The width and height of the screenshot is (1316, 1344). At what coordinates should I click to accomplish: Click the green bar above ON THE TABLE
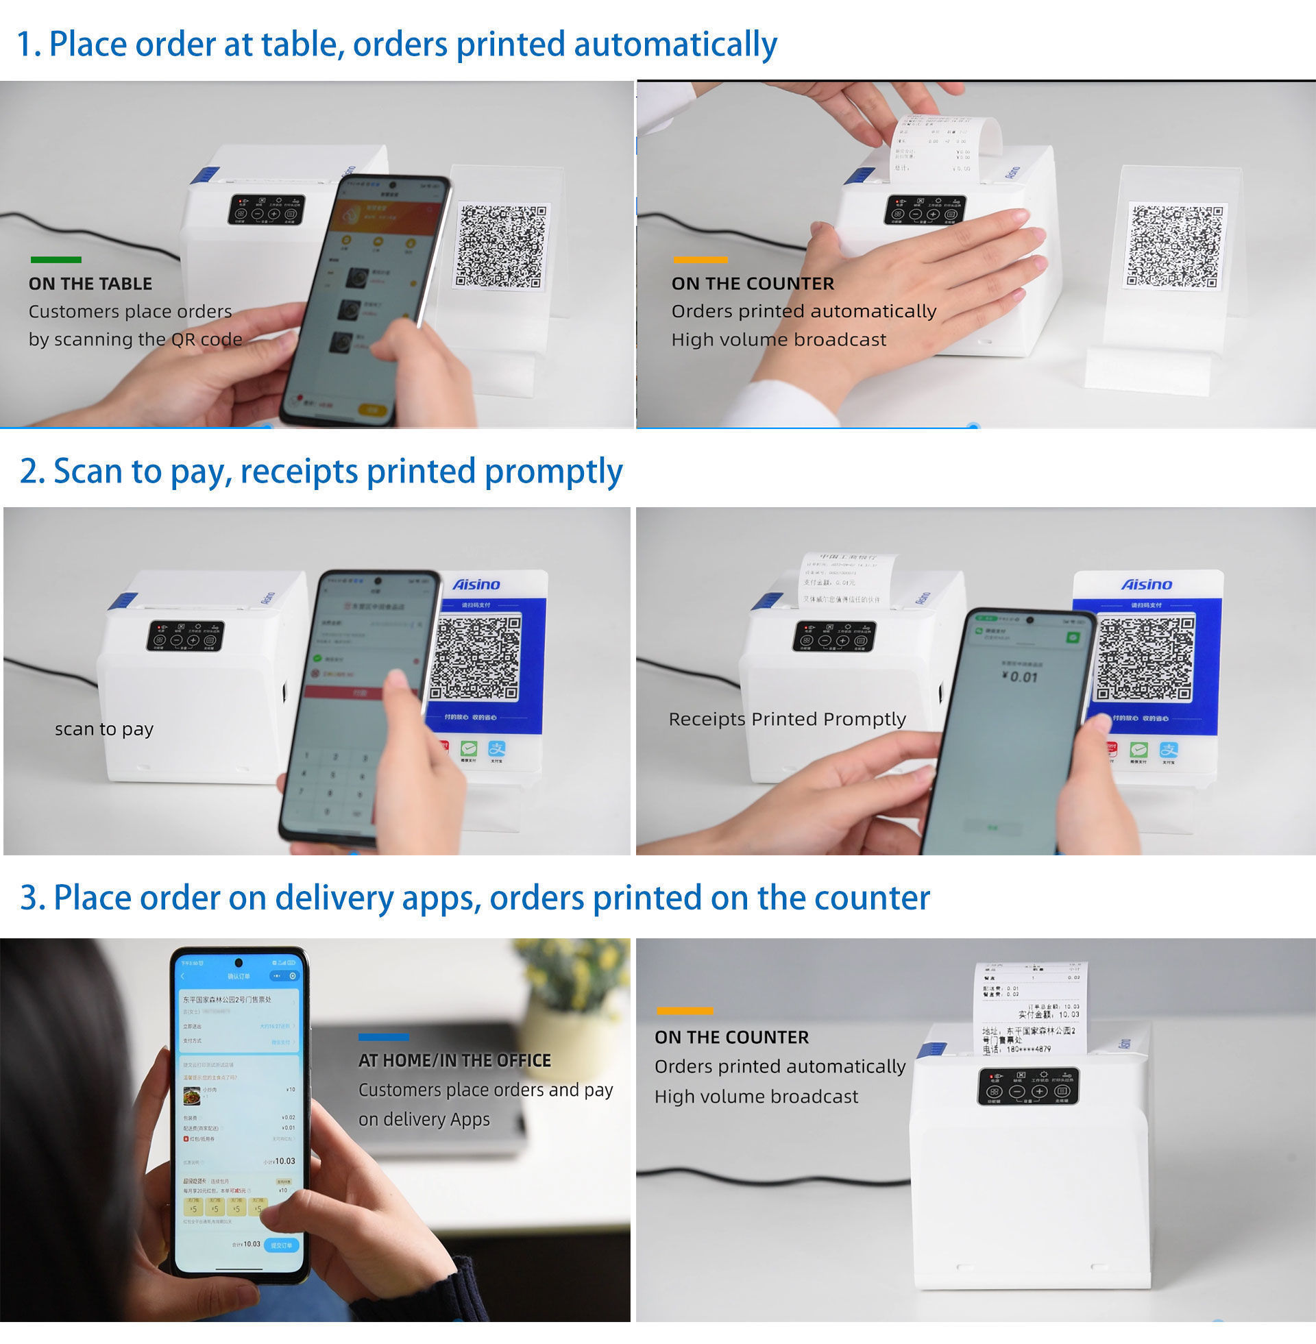(x=56, y=260)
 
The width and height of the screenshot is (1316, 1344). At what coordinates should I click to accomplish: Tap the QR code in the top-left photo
(x=502, y=246)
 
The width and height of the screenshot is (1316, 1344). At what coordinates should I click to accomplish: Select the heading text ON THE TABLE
(x=90, y=284)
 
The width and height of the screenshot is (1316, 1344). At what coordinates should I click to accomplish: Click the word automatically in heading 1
(x=675, y=45)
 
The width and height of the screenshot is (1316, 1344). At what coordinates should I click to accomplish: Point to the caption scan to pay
(x=104, y=729)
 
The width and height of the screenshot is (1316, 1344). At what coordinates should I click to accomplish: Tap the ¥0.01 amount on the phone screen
(x=1019, y=677)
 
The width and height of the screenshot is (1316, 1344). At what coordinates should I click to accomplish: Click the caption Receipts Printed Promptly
(x=787, y=720)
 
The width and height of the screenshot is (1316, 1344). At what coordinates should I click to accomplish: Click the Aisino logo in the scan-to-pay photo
(x=476, y=585)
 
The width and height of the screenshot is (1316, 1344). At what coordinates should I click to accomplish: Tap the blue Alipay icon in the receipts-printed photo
(x=1168, y=750)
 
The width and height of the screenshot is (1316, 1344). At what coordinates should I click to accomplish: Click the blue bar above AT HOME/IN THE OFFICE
(x=384, y=1037)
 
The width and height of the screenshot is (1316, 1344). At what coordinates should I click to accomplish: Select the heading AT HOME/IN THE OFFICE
(x=454, y=1061)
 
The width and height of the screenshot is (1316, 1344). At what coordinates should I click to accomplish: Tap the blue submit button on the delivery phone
(x=281, y=1245)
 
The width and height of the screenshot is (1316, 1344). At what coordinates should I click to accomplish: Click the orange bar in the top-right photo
(x=700, y=260)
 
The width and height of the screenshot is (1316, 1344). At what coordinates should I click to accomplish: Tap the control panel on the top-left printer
(x=266, y=209)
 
